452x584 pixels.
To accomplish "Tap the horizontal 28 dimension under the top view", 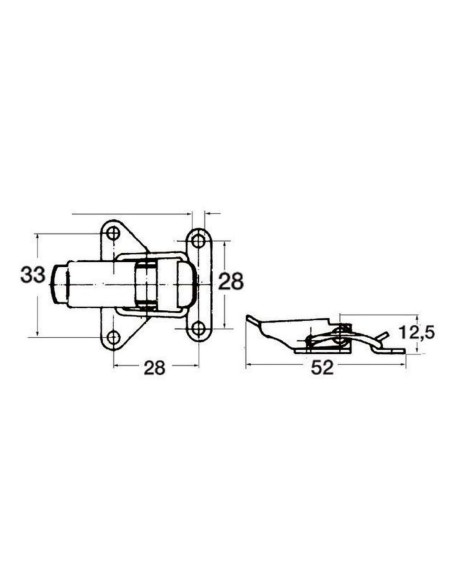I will point(153,367).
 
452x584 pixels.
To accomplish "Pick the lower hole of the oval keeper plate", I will point(198,328).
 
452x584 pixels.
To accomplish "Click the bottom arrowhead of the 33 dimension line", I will point(37,334).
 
